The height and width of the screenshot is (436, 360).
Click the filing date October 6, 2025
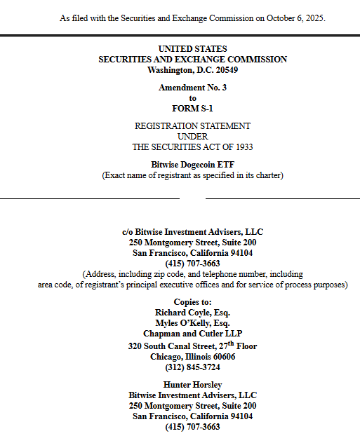[294, 17]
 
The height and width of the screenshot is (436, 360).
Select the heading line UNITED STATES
[192, 49]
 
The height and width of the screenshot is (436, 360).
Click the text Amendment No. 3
[192, 88]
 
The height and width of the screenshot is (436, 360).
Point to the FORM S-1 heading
[192, 108]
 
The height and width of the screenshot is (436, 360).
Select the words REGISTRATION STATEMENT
[192, 126]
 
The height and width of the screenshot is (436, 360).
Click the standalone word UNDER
[192, 137]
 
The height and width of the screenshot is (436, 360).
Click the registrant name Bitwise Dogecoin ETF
[192, 165]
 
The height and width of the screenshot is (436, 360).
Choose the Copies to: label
[192, 301]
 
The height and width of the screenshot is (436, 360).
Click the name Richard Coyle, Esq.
[192, 313]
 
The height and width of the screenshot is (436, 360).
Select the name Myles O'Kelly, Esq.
[192, 323]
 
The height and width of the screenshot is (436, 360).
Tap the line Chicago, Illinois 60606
[192, 357]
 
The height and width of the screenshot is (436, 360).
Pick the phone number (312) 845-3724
[192, 367]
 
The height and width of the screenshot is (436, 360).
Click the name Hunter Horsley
[192, 385]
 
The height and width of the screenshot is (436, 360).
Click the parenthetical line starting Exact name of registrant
[192, 175]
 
